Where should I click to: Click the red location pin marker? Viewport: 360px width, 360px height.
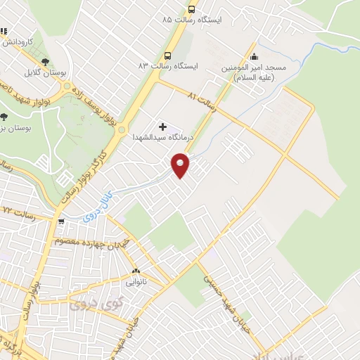coord(181,166)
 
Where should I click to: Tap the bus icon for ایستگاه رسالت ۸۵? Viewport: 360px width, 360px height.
coord(191,10)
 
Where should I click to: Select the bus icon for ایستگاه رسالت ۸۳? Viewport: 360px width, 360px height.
coord(167,56)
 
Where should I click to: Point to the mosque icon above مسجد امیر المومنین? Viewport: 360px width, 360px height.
coord(255,56)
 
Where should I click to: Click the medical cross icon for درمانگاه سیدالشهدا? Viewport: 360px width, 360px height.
coord(163,127)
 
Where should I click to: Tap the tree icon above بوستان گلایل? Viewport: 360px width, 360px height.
coord(46,63)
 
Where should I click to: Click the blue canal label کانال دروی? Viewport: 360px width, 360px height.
coord(95,209)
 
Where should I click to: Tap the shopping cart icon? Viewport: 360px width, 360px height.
coord(63,221)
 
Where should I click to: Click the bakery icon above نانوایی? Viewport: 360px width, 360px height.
coord(136,271)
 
